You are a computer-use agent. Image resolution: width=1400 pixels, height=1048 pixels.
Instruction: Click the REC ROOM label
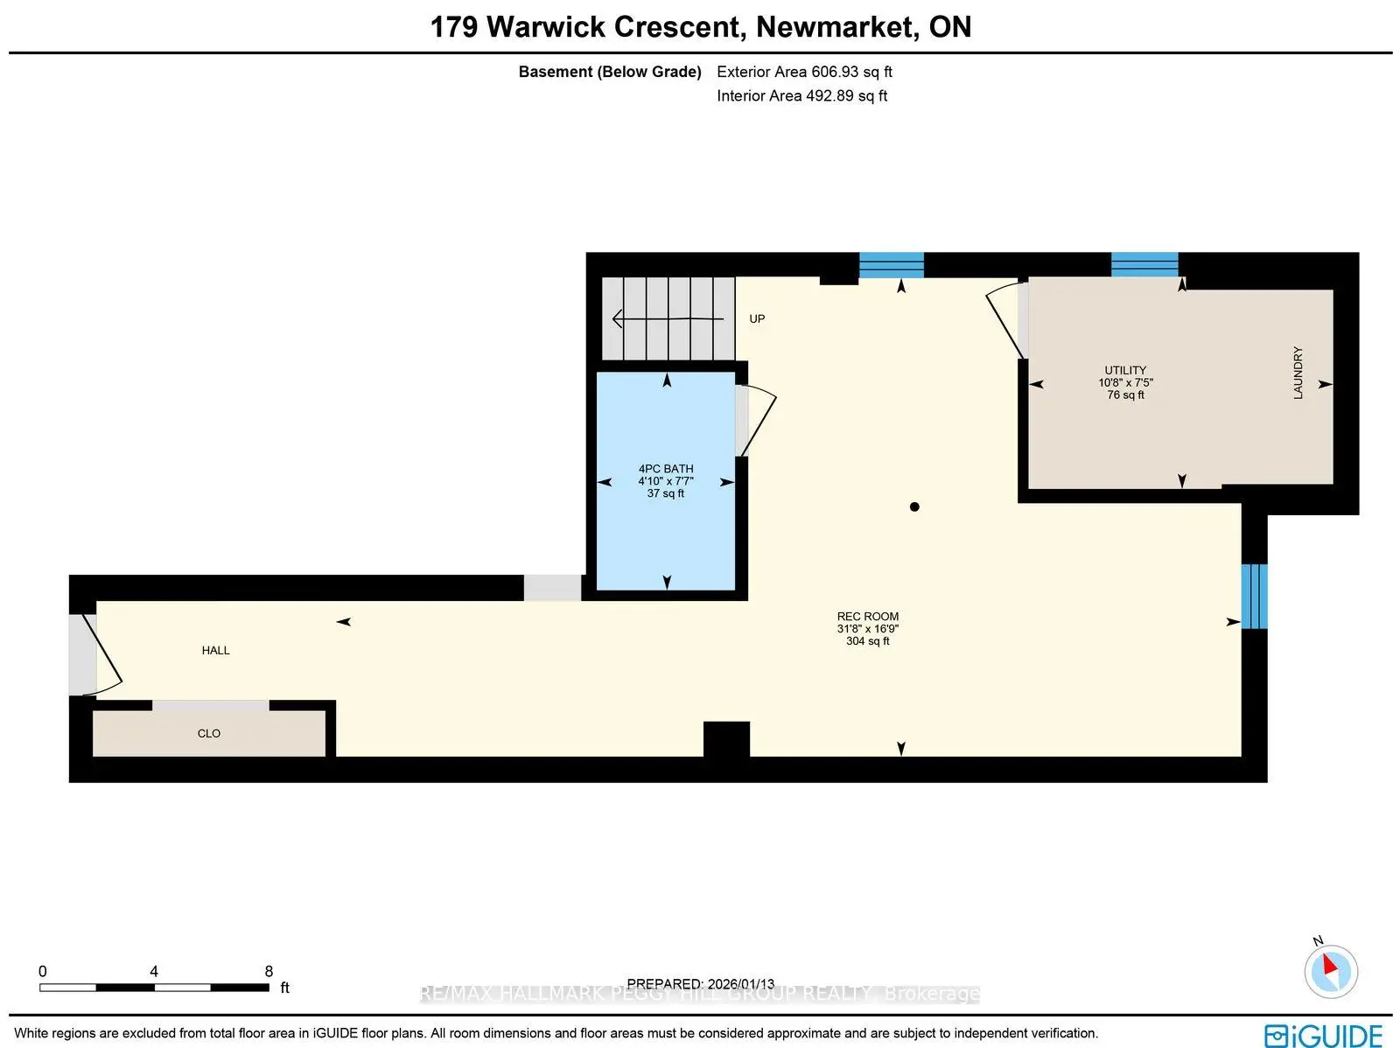[867, 617]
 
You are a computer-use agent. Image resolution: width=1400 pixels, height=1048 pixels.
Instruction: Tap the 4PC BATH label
[665, 469]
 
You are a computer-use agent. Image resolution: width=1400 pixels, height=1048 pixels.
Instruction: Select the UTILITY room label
[1124, 370]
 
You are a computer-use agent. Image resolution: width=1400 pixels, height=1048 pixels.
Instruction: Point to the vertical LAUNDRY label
[1298, 373]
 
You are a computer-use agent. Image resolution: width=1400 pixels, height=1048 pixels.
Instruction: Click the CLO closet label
[208, 733]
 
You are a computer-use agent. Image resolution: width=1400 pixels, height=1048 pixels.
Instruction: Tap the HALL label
[215, 650]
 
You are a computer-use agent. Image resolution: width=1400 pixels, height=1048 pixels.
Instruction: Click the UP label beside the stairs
[757, 318]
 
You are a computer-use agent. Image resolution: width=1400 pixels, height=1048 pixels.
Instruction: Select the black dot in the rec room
[914, 507]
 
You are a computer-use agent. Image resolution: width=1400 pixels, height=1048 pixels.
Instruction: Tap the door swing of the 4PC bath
[758, 423]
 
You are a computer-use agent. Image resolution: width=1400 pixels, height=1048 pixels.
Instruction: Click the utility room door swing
[1005, 321]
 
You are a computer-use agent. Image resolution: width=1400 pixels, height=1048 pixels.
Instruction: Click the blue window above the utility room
[1144, 264]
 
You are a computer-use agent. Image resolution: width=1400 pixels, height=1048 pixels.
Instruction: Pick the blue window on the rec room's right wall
[1254, 596]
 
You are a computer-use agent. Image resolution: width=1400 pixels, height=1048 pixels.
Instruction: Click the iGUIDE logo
[1323, 1035]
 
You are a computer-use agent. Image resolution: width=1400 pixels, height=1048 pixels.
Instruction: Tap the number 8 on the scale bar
[269, 971]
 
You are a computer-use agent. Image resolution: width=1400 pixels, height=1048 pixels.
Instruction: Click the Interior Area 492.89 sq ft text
[801, 95]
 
